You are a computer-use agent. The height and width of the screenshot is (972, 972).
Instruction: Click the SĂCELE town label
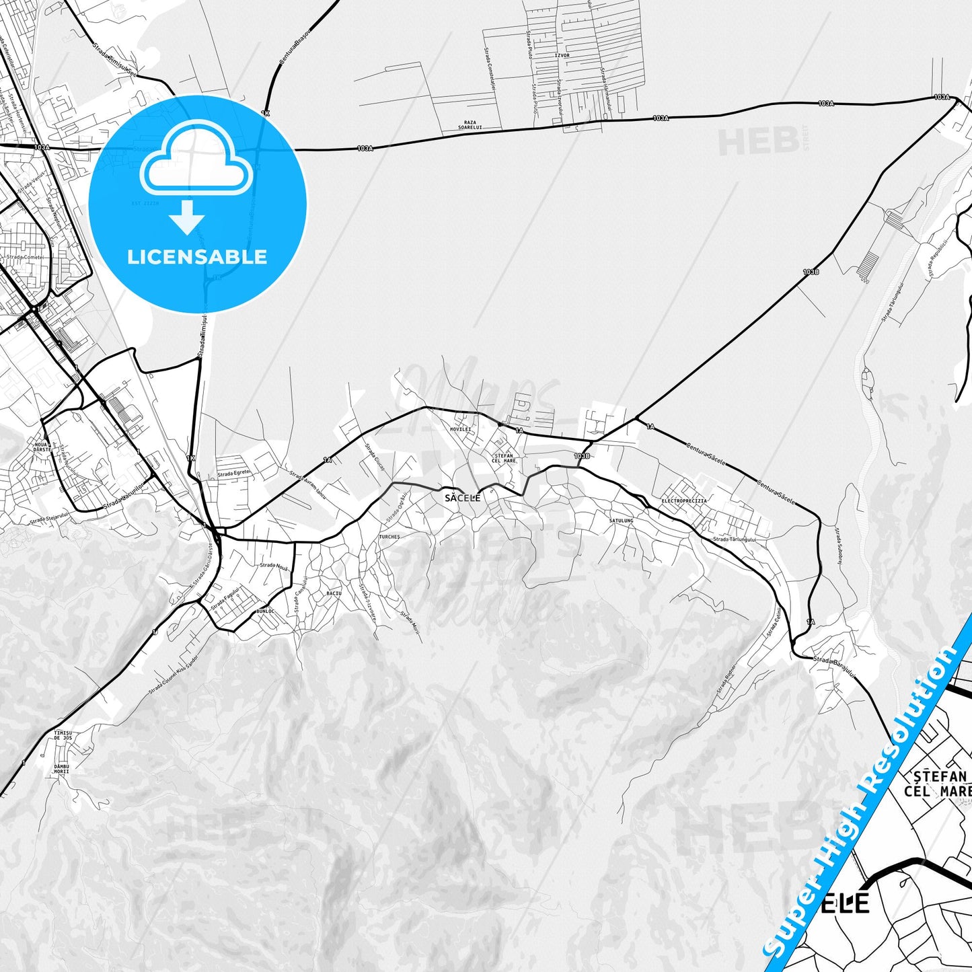(463, 498)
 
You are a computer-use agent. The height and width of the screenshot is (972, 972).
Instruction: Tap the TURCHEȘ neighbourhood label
(389, 537)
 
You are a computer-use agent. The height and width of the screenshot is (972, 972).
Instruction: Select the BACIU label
(334, 593)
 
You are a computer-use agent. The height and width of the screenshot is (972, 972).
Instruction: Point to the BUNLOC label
(266, 611)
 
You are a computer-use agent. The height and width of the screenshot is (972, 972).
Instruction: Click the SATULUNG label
(621, 521)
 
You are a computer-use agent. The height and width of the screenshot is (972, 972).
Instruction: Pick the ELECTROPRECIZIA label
(684, 502)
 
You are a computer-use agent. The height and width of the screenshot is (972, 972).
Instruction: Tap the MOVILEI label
(461, 429)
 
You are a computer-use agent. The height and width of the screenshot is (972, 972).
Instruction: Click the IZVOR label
(562, 74)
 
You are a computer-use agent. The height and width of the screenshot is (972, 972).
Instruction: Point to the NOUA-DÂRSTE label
(39, 449)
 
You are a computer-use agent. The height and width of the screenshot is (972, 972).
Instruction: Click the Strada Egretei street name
(234, 473)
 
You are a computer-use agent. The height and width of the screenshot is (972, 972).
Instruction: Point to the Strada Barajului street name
(833, 663)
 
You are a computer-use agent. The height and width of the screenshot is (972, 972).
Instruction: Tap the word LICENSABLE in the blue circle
(197, 257)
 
